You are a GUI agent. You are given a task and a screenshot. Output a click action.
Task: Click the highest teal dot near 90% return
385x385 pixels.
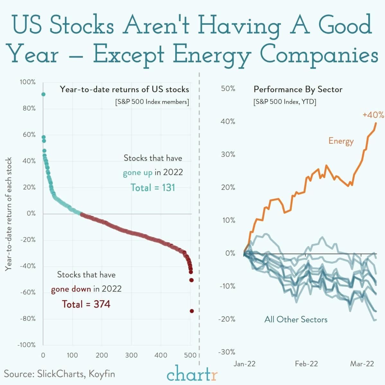43,94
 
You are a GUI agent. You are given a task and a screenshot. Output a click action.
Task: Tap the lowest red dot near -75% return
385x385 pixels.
192,311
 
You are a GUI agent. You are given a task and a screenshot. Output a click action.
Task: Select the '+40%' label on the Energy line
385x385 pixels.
373,115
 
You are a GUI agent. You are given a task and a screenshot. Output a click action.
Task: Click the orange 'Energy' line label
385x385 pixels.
341,141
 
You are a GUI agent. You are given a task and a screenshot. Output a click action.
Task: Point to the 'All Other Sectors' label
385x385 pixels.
296,319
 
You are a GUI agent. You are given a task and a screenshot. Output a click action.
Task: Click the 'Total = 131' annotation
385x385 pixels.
153,187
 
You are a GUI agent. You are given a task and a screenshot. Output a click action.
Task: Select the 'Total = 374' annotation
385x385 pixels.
86,304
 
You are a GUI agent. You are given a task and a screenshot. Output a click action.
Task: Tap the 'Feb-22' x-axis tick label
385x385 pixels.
306,363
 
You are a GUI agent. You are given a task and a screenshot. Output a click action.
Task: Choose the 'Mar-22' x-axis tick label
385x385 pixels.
362,363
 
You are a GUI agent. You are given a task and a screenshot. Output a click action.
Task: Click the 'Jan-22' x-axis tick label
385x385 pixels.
245,363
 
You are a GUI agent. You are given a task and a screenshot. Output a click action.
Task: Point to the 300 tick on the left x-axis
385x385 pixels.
131,355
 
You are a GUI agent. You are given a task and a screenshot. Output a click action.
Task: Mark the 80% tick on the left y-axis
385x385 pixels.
29,108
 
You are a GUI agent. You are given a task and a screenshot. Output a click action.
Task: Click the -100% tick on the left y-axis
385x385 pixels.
27,345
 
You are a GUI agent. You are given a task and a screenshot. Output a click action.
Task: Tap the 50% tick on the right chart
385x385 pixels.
228,88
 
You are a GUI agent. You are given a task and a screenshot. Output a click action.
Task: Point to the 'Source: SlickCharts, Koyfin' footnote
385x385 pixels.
59,374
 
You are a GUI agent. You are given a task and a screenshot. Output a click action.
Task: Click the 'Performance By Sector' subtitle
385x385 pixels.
298,89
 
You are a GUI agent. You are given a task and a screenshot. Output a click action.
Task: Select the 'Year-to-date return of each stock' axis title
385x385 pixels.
9,214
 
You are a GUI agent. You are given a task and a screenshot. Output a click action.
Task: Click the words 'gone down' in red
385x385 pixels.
71,289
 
